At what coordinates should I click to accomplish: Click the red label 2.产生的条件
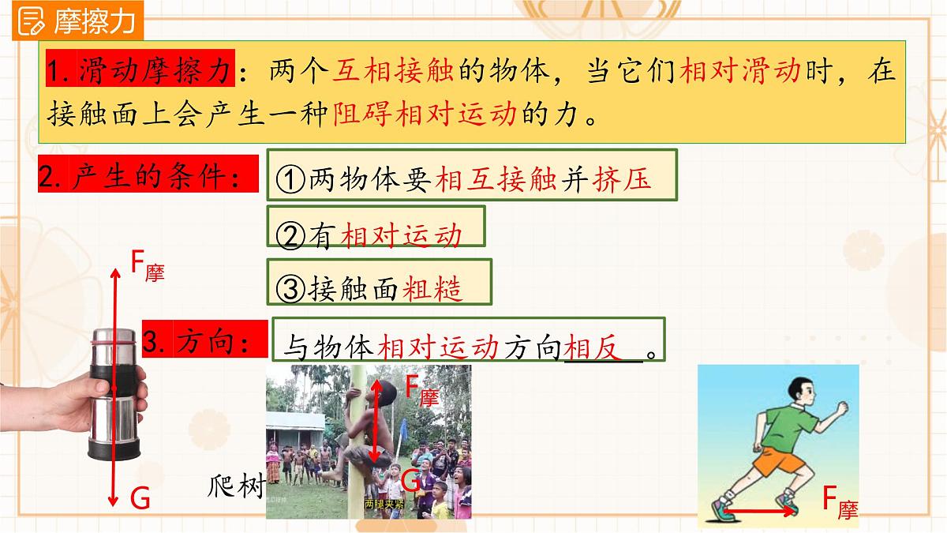pos(148,177)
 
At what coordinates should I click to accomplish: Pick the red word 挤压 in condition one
pos(623,180)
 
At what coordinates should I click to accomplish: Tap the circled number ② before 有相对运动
pos(291,235)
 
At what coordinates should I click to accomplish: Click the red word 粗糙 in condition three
pos(432,288)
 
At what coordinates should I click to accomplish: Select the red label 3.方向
pos(201,341)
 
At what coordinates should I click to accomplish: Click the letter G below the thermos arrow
pos(140,497)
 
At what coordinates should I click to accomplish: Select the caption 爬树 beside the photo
pos(237,485)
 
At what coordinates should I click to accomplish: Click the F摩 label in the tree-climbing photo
pos(421,389)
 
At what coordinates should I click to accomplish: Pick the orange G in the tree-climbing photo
pos(410,479)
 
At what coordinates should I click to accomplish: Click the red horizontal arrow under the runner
pos(764,512)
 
